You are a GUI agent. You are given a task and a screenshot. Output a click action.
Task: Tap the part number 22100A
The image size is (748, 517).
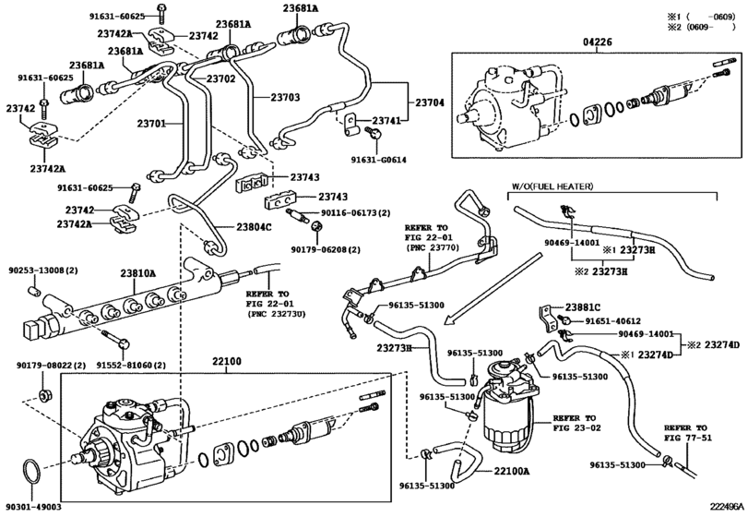[512, 472]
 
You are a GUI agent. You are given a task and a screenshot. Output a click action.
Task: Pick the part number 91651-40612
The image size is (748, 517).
[617, 320]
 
